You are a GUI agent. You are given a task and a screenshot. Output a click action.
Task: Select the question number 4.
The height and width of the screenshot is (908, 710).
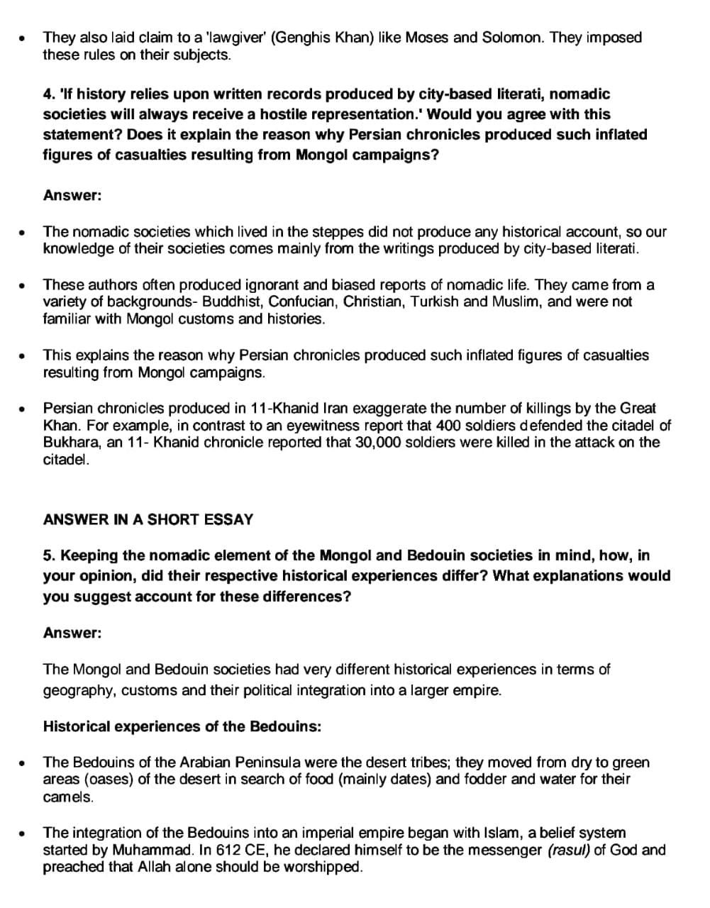point(48,94)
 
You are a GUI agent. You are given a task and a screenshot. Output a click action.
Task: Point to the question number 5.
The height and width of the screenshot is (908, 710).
point(48,555)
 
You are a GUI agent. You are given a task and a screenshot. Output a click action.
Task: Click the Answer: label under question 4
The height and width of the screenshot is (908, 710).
point(72,195)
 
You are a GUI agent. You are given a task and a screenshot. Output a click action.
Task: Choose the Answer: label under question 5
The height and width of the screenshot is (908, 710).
point(72,633)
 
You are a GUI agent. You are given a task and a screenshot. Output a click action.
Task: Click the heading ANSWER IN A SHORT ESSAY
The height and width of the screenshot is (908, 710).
point(148,519)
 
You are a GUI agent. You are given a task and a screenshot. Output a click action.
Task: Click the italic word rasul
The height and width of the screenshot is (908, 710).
point(569,850)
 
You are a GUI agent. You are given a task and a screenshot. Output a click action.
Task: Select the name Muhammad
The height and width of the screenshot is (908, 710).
point(131,850)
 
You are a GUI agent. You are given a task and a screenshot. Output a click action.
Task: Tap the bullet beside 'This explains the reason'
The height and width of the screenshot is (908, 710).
point(24,355)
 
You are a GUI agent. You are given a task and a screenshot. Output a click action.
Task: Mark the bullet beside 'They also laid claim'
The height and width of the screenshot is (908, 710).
point(24,38)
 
